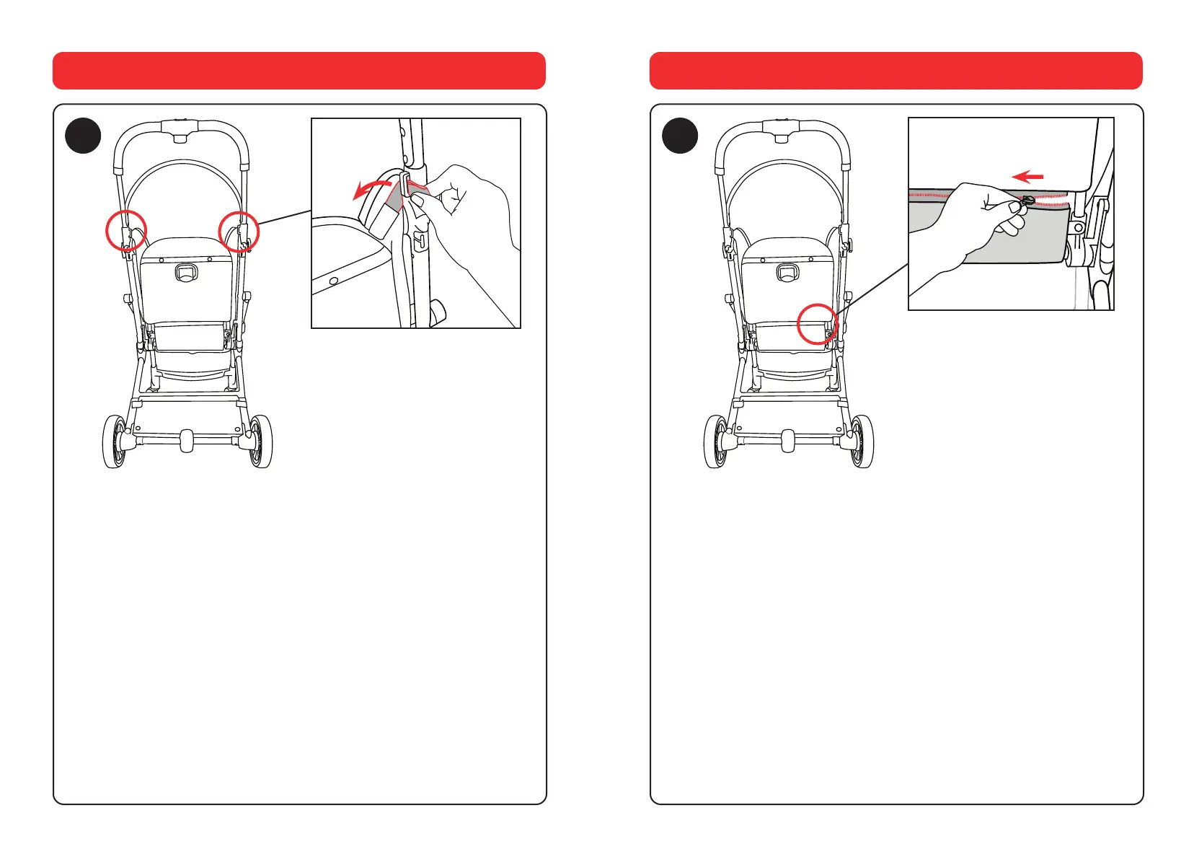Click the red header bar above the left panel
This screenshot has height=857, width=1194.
[298, 71]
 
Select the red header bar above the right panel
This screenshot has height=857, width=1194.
[895, 71]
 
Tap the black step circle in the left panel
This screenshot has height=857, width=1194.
[83, 136]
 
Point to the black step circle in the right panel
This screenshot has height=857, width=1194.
[680, 136]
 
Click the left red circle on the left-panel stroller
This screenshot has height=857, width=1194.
[126, 230]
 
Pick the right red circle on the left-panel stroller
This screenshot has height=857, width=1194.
[239, 232]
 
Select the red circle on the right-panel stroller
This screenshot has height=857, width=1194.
[818, 324]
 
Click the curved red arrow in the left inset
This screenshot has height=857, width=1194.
[371, 188]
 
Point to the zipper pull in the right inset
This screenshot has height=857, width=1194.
[1027, 201]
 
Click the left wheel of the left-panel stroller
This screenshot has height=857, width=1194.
[115, 441]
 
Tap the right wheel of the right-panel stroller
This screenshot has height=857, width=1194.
[862, 441]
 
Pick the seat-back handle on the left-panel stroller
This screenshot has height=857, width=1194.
[186, 273]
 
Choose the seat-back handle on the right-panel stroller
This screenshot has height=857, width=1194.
[787, 273]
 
